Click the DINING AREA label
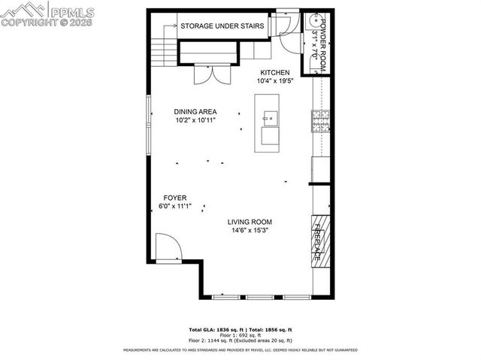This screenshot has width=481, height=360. point(195,111)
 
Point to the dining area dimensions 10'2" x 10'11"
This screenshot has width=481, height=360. point(195,119)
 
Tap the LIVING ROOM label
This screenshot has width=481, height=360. point(250,222)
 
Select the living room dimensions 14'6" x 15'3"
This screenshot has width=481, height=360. point(250,230)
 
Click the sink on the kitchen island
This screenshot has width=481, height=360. point(270,117)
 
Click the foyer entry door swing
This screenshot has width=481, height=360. point(166,246)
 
